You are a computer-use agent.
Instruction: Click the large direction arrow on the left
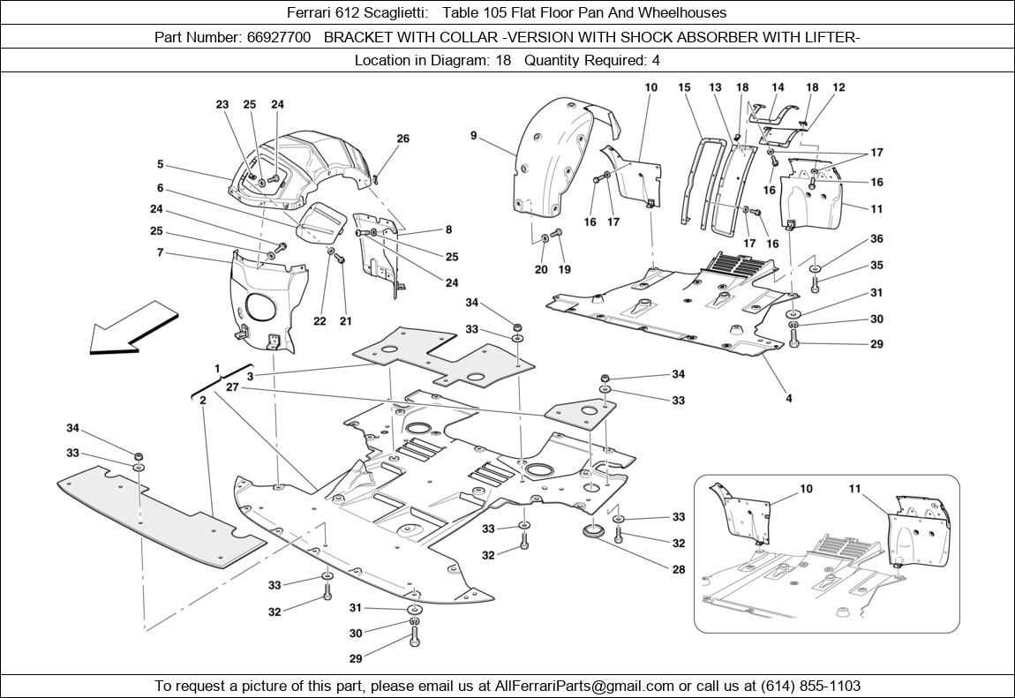(x=132, y=327)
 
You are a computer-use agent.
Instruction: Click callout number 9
(x=474, y=136)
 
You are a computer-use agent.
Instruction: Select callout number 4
(x=789, y=398)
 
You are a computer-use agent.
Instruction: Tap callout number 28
(x=679, y=569)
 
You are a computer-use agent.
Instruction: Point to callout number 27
(x=232, y=387)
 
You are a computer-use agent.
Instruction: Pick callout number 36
(x=876, y=238)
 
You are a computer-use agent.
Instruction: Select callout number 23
(x=222, y=104)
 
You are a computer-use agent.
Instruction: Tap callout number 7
(x=160, y=253)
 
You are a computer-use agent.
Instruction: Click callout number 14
(x=778, y=87)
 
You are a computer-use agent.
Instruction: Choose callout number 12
(x=838, y=87)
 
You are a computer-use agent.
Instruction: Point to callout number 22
(x=320, y=321)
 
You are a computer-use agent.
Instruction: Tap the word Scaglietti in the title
(x=396, y=13)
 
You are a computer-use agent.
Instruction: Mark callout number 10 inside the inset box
(x=806, y=489)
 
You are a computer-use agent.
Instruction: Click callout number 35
(x=876, y=265)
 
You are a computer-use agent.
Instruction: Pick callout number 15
(x=684, y=87)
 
